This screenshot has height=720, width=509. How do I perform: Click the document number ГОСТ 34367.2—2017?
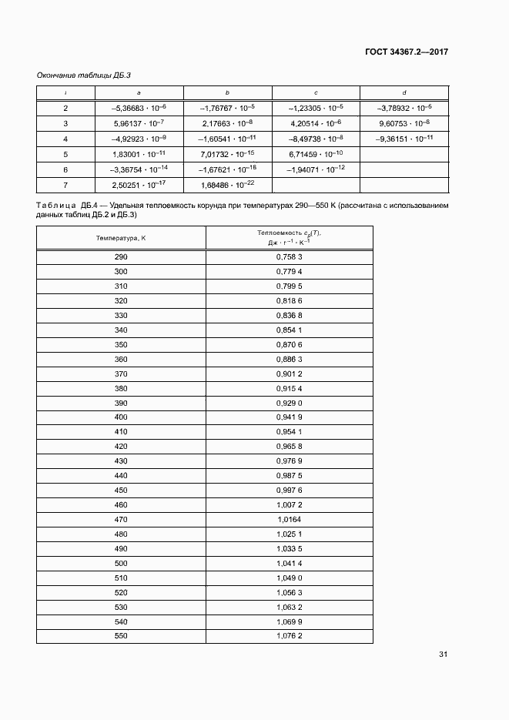pos(406,52)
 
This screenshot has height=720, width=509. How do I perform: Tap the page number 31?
pos(443,655)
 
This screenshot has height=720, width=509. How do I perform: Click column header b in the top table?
pos(227,92)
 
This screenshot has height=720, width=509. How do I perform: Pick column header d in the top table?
pos(404,92)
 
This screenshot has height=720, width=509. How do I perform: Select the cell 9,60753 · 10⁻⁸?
pos(404,123)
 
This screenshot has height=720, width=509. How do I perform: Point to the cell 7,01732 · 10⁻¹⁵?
pos(227,154)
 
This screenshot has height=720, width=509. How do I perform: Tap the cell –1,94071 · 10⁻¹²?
pos(316,169)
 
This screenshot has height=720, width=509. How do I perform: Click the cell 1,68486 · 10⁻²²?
pos(227,185)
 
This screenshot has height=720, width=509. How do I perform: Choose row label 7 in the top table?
pos(65,185)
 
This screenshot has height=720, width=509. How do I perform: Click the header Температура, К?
pos(121,238)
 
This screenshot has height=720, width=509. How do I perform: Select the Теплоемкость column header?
pos(289,238)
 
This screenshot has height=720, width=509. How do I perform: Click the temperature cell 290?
pos(121,256)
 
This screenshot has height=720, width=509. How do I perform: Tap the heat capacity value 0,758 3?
pos(289,256)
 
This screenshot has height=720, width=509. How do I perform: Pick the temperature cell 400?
pos(121,418)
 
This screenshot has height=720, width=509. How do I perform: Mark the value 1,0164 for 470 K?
pos(289,521)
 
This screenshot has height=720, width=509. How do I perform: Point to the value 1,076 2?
pos(289,636)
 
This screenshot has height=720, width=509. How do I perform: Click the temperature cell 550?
pos(121,636)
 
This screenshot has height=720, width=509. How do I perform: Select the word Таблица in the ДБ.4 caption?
pos(55,206)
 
